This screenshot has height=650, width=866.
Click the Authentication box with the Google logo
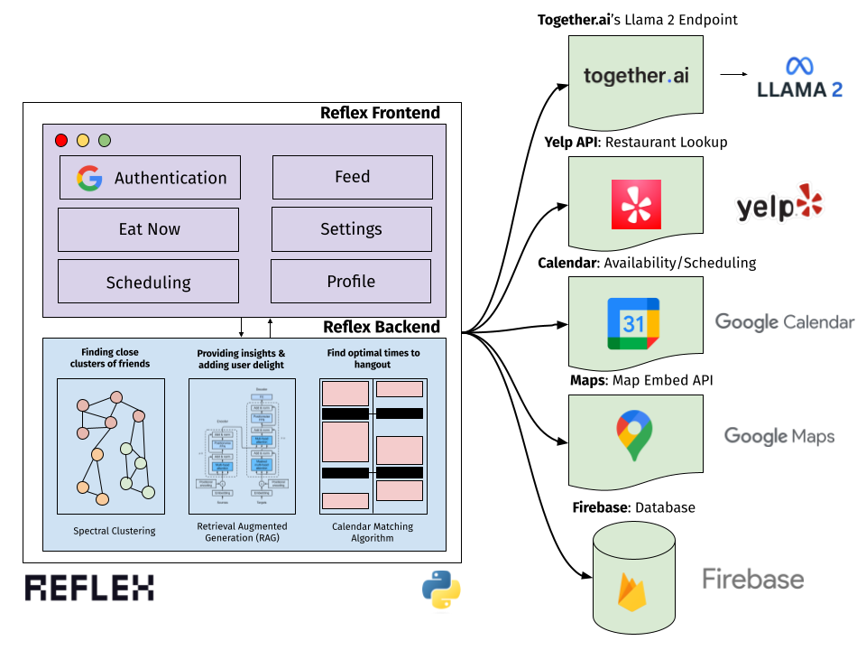[x=150, y=178]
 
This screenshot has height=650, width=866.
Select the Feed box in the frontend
[x=352, y=177]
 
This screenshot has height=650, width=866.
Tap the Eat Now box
[x=149, y=229]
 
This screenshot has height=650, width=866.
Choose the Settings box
[x=351, y=229]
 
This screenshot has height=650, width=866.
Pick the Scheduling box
[x=149, y=282]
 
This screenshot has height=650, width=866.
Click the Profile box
[x=351, y=282]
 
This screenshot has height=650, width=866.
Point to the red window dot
[x=61, y=140]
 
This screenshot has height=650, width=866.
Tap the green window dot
[x=105, y=140]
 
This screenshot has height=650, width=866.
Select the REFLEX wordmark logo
[x=89, y=588]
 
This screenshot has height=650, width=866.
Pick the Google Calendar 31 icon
[x=633, y=322]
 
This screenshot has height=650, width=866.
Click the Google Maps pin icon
[x=635, y=435]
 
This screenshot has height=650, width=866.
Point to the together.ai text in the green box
[x=636, y=76]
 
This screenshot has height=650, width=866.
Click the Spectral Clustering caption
[x=114, y=531]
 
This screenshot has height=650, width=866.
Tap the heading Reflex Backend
[x=382, y=327]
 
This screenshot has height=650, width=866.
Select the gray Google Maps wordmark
[x=779, y=437]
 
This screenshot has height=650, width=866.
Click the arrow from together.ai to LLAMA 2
[x=737, y=77]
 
